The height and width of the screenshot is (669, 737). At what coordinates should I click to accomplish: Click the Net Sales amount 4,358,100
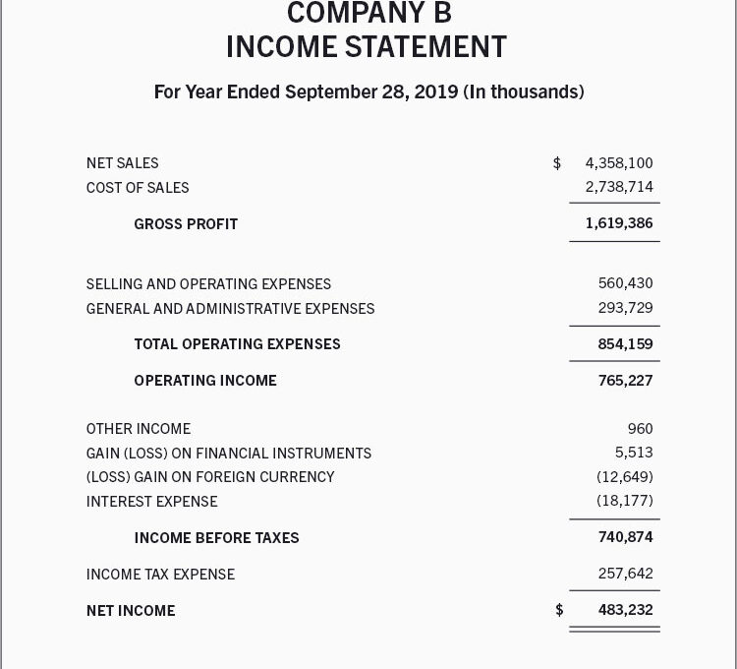(618, 163)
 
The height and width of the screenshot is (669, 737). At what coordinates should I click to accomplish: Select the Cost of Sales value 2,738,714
(618, 187)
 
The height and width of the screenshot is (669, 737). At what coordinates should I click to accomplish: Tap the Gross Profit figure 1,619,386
(618, 223)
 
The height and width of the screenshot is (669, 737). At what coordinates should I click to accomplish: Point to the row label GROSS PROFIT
(186, 224)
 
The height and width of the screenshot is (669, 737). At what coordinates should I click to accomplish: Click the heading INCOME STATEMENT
(367, 46)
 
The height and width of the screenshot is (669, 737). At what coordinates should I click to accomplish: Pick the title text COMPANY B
(368, 13)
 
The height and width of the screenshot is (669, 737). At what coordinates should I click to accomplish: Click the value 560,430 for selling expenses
(625, 283)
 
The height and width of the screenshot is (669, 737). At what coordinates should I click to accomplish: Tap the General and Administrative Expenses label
(230, 309)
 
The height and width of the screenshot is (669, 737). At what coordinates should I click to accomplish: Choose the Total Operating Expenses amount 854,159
(625, 344)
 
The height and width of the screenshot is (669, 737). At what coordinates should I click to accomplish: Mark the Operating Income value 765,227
(625, 381)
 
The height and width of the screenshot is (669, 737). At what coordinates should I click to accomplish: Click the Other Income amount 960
(640, 429)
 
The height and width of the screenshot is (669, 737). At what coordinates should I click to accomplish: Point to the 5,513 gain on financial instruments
(634, 453)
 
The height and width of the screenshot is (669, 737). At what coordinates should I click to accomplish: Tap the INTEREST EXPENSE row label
(151, 502)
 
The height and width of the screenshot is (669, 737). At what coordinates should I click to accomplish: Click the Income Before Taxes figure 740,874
(625, 537)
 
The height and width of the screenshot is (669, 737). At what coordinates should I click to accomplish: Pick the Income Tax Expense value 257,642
(625, 574)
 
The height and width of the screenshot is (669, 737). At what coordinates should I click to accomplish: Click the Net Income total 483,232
(625, 610)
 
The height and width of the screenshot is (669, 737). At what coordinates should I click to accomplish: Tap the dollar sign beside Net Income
(559, 610)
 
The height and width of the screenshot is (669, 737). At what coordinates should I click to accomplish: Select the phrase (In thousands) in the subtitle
(524, 92)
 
